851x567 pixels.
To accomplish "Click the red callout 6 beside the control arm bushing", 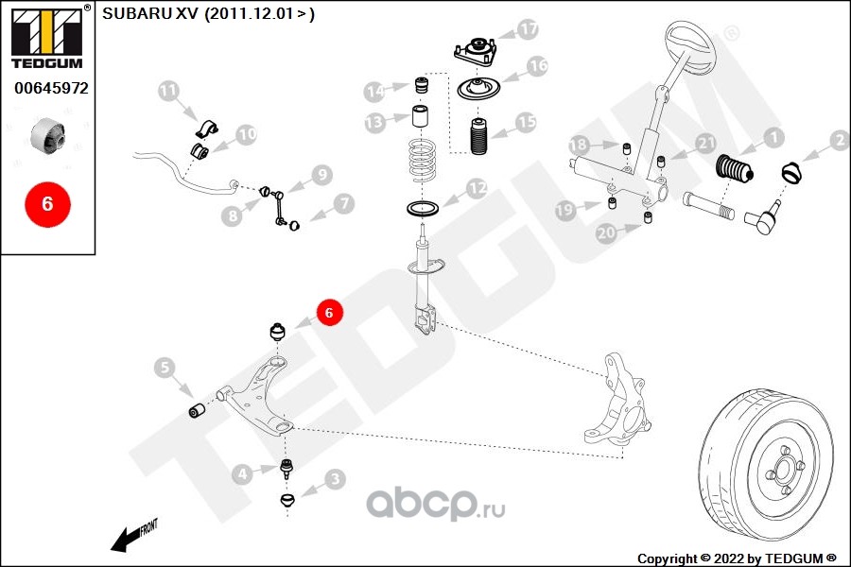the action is tap(328, 313).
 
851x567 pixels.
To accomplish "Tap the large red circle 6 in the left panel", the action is tap(48, 204).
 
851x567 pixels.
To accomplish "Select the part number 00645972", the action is tap(52, 88).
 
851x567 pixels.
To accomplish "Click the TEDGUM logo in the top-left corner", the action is tap(48, 37).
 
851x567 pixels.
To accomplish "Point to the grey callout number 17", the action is tap(527, 28).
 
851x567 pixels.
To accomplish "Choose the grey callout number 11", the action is tap(168, 91).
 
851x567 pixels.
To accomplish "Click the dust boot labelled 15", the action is tap(478, 136).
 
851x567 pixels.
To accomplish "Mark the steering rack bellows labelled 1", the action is tap(735, 168).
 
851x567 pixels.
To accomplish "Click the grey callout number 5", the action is tap(165, 368).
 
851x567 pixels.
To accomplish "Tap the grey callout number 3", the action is tap(336, 478).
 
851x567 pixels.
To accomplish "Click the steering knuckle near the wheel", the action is tap(617, 401).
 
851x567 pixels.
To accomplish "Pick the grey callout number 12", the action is tap(478, 188).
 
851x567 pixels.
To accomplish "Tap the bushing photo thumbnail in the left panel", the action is tap(48, 134).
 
